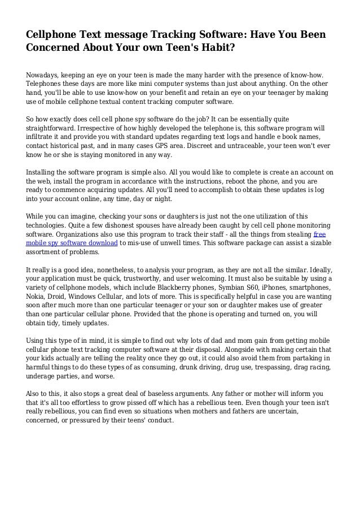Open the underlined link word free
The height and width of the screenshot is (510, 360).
319,234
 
